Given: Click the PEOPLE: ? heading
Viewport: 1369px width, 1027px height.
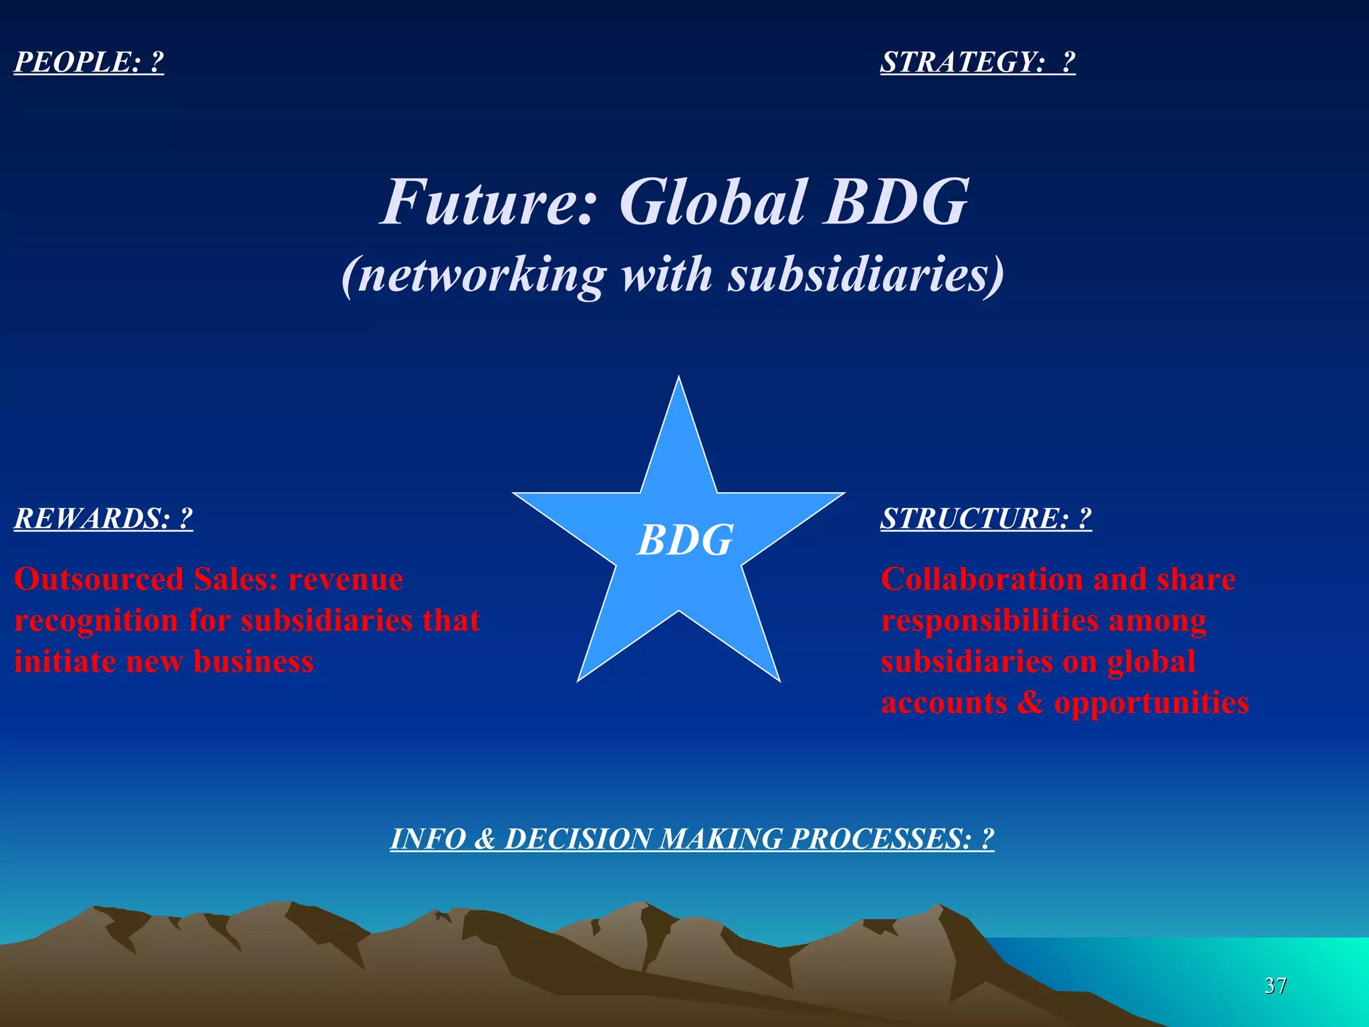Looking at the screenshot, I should (89, 62).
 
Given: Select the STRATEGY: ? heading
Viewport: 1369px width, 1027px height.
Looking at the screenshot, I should (977, 62).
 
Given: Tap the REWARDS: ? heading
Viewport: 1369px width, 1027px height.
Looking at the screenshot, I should (104, 519).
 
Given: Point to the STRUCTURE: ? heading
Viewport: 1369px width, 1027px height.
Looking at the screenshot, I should (986, 519).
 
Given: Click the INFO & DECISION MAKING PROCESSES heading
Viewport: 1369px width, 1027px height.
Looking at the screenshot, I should (692, 839).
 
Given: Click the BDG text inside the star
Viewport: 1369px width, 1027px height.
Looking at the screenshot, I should (685, 540).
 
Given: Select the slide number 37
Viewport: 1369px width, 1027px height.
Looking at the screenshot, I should (1275, 986).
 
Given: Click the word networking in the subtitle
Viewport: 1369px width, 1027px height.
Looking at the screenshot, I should (481, 275).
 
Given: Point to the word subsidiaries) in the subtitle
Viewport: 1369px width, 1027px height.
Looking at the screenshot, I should (866, 275).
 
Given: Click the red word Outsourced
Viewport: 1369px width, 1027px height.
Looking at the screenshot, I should (99, 579).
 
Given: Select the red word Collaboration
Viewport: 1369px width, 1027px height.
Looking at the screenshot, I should (982, 579).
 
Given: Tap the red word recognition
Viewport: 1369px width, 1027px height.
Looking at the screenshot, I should (96, 621).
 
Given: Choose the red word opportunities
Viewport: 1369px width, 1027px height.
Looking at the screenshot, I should (1151, 703).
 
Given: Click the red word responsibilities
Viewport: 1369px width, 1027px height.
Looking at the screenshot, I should (990, 621).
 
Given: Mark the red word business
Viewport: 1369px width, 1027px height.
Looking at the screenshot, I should (253, 662).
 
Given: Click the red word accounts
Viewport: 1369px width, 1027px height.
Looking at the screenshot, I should (944, 703).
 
